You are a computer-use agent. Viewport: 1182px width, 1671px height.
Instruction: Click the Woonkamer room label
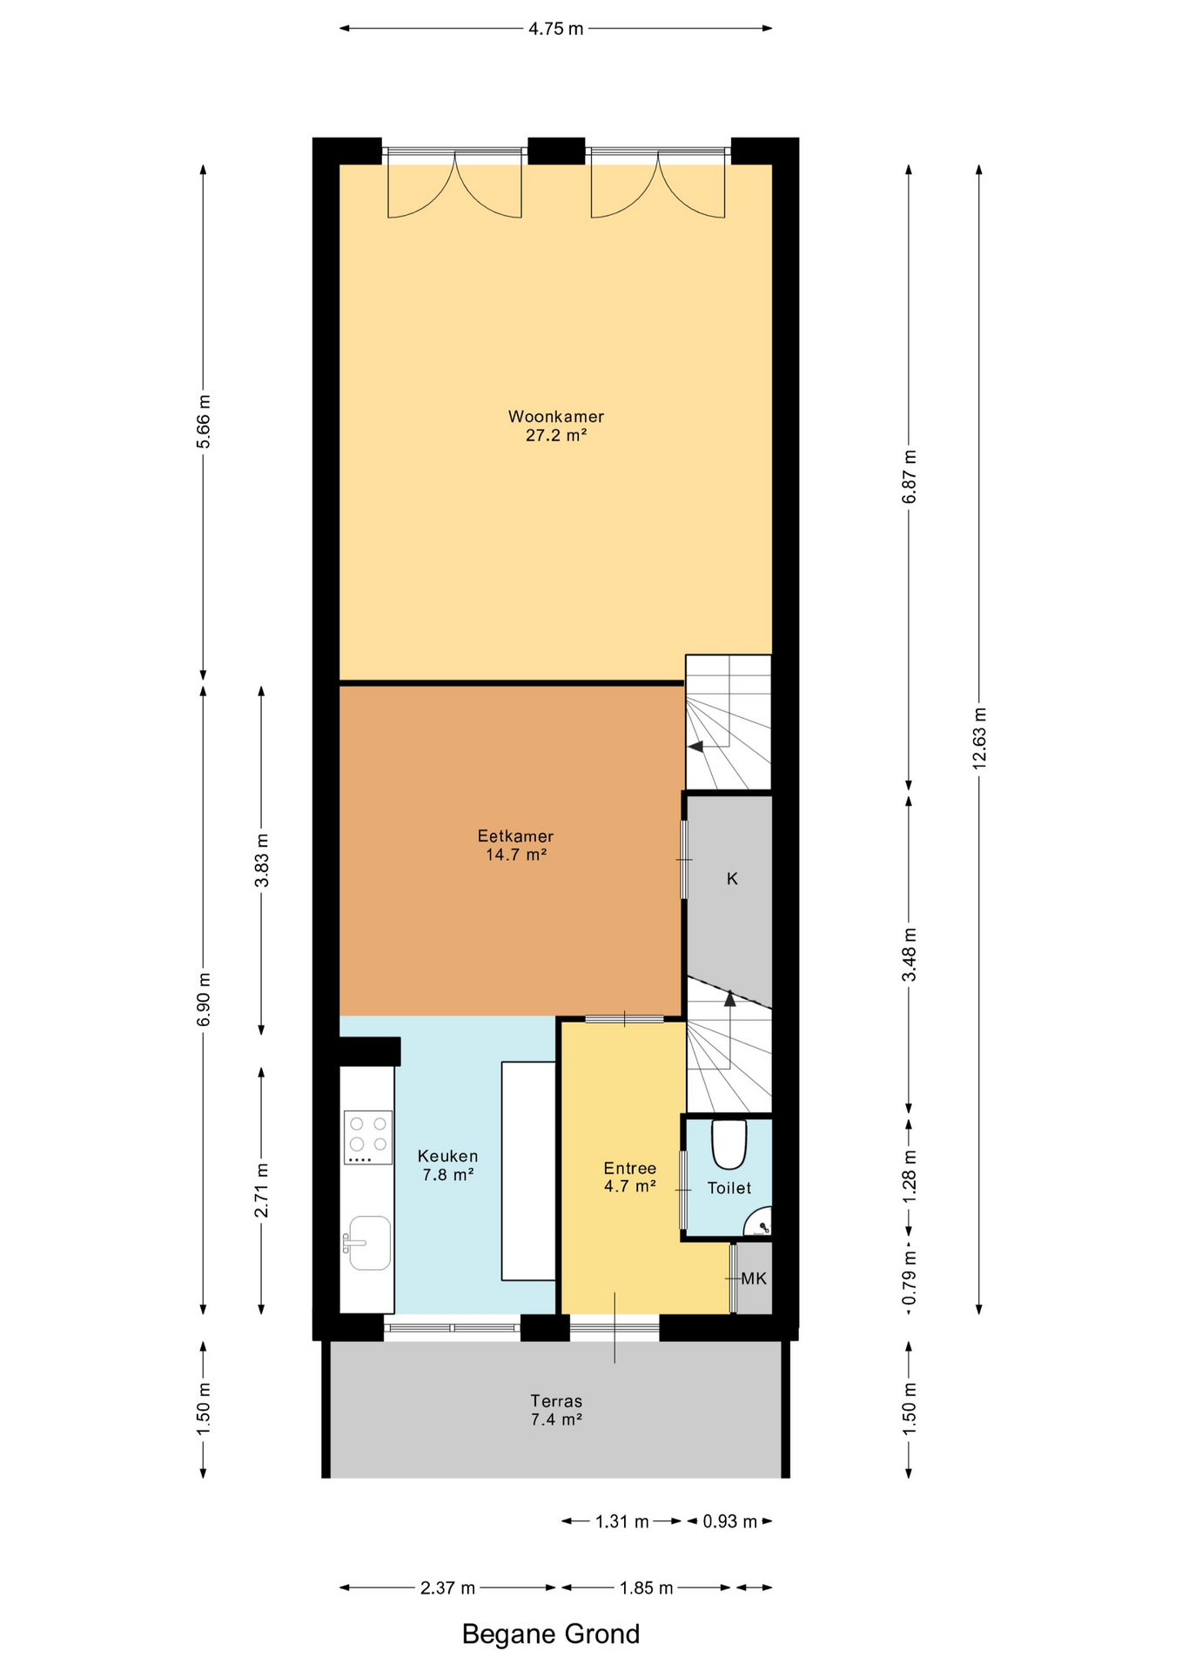tap(555, 426)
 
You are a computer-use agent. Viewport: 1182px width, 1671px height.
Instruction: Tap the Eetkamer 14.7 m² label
tap(515, 845)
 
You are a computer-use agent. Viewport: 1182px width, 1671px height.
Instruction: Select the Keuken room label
tap(447, 1164)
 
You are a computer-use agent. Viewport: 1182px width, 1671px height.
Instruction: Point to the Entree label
tap(629, 1177)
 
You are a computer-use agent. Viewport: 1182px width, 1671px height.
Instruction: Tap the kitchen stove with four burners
tap(367, 1137)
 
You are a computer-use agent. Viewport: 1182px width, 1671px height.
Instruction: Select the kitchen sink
tap(367, 1243)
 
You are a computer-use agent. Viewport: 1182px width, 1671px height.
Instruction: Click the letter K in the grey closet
tap(732, 879)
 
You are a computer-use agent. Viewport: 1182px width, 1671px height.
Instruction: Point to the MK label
tap(754, 1278)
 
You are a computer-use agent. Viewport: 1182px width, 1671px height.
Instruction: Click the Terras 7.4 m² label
tap(556, 1411)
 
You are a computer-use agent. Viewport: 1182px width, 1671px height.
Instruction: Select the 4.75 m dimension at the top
tap(555, 29)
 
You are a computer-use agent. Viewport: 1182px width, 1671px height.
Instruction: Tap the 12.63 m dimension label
tap(979, 738)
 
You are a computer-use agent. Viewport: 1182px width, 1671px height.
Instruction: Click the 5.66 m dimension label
tap(204, 421)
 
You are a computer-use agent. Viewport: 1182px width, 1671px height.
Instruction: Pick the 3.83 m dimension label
tap(261, 860)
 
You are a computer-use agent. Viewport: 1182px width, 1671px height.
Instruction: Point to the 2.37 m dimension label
tap(447, 1588)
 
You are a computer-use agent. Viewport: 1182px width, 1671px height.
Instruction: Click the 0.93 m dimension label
tap(729, 1521)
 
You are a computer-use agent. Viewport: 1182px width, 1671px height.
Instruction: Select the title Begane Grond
tap(550, 1634)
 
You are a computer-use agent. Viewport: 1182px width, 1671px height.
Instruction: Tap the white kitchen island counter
tap(528, 1171)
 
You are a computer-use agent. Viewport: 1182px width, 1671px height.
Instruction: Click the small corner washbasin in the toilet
tap(760, 1222)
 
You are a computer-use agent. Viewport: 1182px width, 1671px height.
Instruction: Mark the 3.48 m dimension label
tap(909, 955)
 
